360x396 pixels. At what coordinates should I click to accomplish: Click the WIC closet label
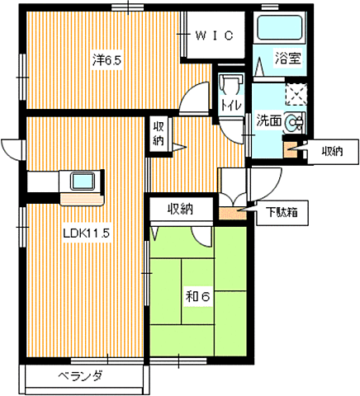(215, 35)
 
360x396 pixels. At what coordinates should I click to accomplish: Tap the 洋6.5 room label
(107, 60)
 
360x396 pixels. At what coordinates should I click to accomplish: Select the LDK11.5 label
(87, 233)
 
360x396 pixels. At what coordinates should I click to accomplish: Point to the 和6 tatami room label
(198, 296)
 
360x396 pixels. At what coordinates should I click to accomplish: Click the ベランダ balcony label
(81, 375)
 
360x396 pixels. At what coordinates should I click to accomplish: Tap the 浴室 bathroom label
(288, 58)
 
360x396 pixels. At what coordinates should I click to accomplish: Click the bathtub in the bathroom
(279, 27)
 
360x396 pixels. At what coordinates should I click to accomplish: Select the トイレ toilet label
(231, 105)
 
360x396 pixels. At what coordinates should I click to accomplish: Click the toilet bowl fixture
(230, 83)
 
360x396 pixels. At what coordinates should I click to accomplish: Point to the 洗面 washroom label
(269, 120)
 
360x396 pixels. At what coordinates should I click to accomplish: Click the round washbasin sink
(294, 122)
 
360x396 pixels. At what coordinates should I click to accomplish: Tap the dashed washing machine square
(296, 94)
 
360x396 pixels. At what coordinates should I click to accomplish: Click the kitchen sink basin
(83, 181)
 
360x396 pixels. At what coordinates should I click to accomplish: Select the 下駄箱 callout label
(282, 213)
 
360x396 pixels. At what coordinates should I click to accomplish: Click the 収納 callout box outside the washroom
(333, 152)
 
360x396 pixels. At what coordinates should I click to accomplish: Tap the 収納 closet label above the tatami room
(181, 210)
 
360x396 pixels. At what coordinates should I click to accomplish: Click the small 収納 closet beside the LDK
(159, 134)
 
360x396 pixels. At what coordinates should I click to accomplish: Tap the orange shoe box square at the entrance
(232, 213)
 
